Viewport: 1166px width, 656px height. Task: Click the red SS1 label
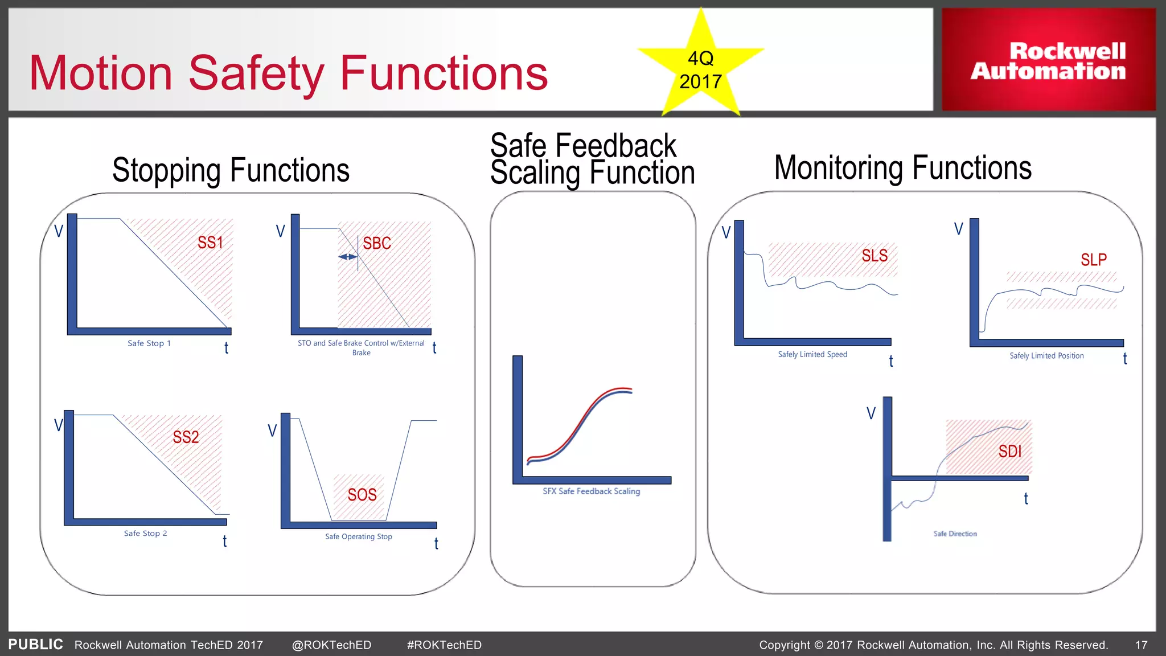click(210, 243)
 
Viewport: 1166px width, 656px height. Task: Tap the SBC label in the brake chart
click(377, 243)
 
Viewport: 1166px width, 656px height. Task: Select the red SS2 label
click(186, 437)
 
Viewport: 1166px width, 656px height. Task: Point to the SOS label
click(362, 495)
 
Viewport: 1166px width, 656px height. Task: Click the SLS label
click(874, 256)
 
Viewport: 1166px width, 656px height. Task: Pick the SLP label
click(1094, 260)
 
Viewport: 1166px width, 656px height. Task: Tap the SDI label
click(1010, 452)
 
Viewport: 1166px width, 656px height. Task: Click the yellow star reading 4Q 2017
click(701, 67)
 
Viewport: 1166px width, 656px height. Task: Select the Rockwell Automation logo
click(1048, 60)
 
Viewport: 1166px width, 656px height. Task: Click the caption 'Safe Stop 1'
click(149, 343)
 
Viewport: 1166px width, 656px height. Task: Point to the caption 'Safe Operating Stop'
click(359, 536)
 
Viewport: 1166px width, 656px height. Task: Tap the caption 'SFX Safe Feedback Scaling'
click(591, 491)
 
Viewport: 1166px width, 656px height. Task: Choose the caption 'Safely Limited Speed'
click(812, 354)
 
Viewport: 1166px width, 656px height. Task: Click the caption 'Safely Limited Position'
click(1046, 356)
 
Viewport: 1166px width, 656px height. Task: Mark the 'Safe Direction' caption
click(955, 534)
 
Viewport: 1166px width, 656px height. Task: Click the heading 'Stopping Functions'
click(231, 170)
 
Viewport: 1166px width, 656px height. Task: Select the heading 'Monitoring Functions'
click(903, 168)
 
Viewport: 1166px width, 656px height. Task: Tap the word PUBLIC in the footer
click(35, 644)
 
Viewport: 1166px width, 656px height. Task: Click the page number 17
click(1141, 645)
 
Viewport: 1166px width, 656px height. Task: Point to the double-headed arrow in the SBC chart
click(347, 257)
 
